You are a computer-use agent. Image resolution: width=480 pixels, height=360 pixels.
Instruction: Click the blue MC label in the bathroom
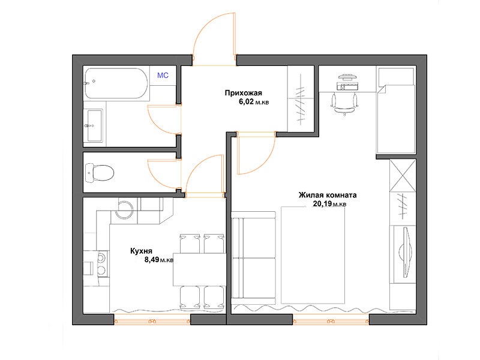163,76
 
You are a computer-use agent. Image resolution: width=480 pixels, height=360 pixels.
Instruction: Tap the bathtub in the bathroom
116,83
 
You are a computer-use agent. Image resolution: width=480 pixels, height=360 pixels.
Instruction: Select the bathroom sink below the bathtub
94,125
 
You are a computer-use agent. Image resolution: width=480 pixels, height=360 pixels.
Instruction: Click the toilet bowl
100,173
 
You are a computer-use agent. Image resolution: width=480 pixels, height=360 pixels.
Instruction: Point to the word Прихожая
244,93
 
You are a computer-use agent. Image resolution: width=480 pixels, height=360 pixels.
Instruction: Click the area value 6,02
246,101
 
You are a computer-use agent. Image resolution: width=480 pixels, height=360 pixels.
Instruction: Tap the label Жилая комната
328,195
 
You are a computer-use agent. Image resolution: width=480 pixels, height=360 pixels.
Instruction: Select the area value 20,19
322,203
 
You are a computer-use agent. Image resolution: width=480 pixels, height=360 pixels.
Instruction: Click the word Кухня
141,251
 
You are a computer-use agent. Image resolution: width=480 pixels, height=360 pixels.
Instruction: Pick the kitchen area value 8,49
152,260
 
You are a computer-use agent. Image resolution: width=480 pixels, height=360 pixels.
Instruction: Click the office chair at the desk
344,104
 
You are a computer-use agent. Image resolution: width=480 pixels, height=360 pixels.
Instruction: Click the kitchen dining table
200,269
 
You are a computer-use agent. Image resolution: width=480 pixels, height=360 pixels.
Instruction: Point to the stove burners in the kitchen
101,263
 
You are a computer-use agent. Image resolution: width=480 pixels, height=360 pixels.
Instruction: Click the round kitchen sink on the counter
124,209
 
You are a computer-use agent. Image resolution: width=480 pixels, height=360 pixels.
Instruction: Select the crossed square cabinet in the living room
403,175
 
